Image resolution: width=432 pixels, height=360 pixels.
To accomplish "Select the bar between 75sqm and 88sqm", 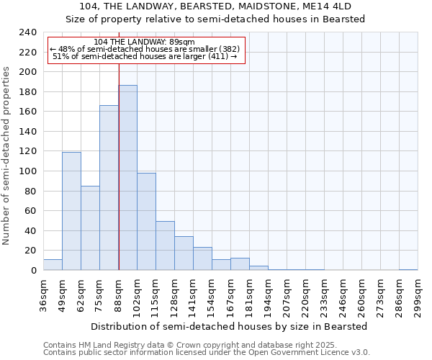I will coord(109,188).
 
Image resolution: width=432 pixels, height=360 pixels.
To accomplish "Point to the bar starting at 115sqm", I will coord(165,246).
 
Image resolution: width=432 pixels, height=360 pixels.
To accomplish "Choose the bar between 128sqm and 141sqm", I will coord(184,253).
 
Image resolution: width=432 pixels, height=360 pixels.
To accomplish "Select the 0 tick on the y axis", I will coord(33,271).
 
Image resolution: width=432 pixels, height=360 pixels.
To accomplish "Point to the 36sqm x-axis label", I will coord(43,295).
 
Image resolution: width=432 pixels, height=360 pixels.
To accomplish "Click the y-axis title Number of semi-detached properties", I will coord(7,156).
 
